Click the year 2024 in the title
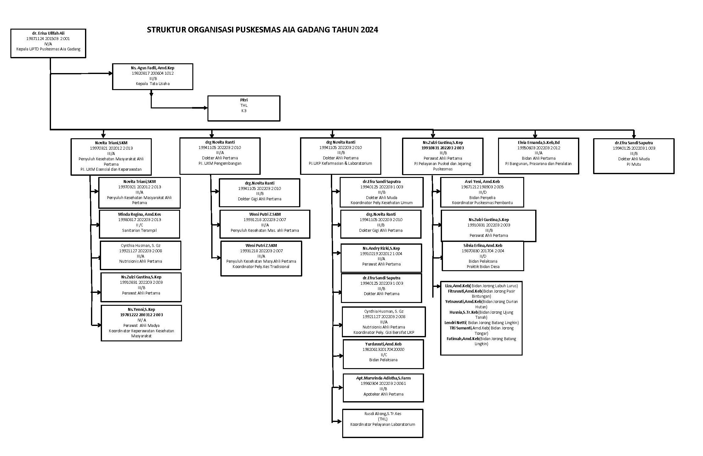369,30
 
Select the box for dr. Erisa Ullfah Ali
48,43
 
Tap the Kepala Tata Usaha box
153,77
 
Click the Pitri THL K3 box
244,108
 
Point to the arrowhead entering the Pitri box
206,108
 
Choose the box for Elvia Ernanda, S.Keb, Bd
538,156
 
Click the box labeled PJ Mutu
634,156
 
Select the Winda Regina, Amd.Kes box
139,224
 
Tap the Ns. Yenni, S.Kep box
141,323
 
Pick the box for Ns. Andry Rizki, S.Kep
381,258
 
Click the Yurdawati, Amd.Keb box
383,354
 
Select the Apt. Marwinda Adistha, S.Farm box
383,388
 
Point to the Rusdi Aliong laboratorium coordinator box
383,423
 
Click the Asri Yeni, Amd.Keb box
482,192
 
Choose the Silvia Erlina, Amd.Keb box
483,256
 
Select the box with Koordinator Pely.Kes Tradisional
261,258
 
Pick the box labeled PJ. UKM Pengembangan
220,156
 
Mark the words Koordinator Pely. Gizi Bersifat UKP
384,333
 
